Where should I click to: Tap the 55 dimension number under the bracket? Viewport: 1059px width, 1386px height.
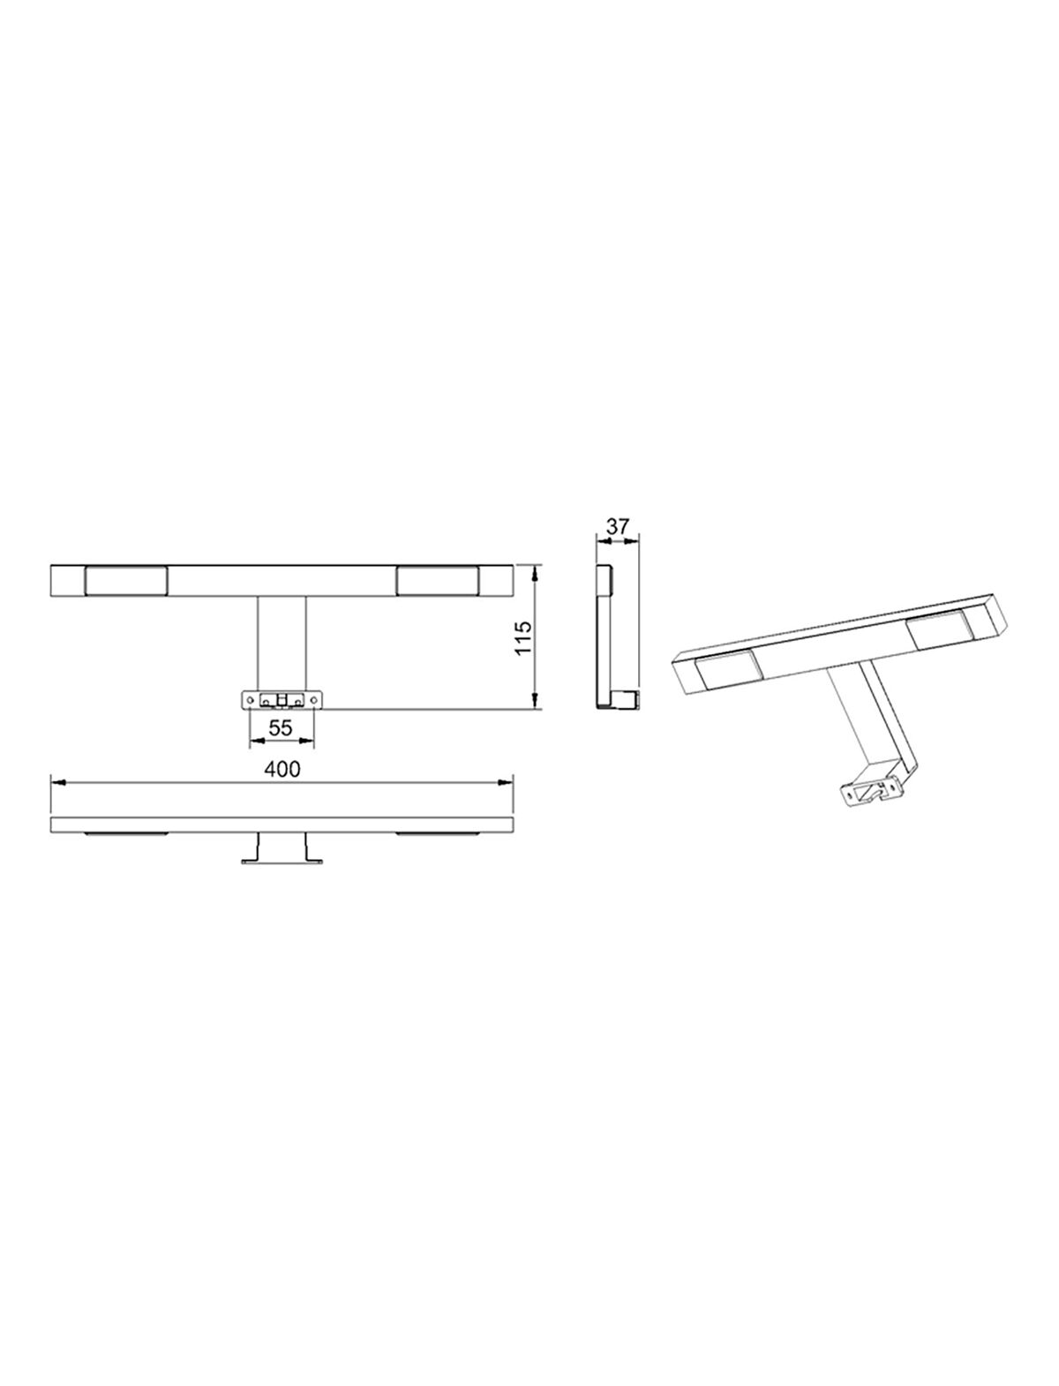click(281, 728)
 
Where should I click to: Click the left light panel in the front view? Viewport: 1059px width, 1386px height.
click(125, 581)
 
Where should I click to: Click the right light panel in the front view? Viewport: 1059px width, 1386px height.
click(438, 581)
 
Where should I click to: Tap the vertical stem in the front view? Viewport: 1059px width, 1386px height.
click(282, 644)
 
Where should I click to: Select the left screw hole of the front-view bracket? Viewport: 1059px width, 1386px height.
click(250, 700)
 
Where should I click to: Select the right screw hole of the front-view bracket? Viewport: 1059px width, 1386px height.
click(313, 700)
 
